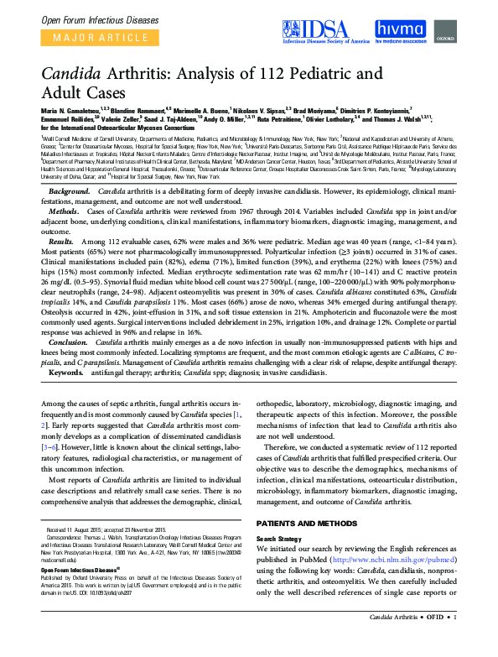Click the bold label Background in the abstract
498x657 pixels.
(x=70, y=192)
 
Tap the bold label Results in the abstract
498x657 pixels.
(x=64, y=240)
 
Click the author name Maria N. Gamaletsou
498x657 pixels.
(x=72, y=110)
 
